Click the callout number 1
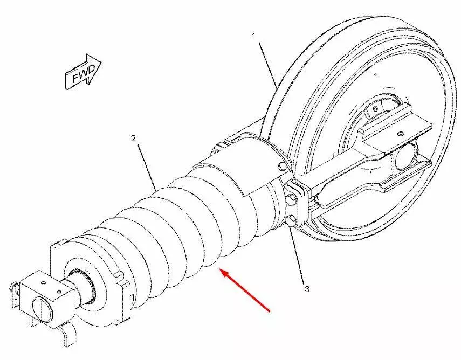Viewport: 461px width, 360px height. coord(254,36)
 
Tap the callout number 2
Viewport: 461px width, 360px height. coord(133,138)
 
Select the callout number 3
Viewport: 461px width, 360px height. coord(307,289)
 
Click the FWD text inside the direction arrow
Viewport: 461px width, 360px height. coord(84,74)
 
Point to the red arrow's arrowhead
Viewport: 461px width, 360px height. coord(225,273)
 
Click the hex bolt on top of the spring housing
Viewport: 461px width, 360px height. coord(281,166)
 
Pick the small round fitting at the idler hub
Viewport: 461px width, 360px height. coord(375,109)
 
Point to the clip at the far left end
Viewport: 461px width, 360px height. coord(14,295)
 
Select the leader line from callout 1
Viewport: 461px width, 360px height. coord(268,65)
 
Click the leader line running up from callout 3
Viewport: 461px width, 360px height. coord(297,254)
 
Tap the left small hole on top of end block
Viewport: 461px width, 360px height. coord(44,283)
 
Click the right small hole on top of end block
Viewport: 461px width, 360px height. coord(59,292)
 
